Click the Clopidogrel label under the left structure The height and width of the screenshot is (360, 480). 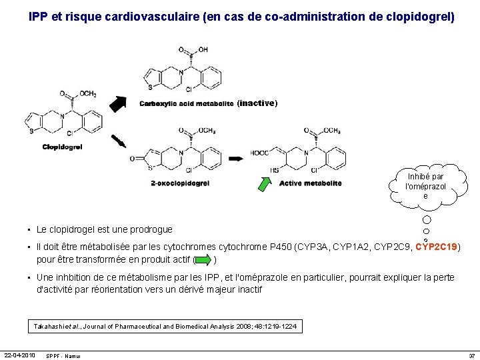62,147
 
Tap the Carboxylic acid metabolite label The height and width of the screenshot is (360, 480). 186,103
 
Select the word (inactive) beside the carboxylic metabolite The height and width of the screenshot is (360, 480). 257,103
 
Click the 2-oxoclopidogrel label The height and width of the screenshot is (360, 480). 180,183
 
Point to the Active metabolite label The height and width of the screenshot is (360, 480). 310,183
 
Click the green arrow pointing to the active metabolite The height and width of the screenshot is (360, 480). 265,179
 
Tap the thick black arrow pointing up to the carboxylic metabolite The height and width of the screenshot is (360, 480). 118,103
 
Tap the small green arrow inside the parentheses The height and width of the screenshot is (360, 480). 203,259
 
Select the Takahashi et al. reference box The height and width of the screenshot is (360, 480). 166,326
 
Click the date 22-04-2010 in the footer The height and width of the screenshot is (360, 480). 19,354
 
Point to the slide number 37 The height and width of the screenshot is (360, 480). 471,355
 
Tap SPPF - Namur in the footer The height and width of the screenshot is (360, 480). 63,355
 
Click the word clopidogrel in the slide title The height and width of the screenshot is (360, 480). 420,15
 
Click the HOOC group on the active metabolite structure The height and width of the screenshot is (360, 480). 259,153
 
